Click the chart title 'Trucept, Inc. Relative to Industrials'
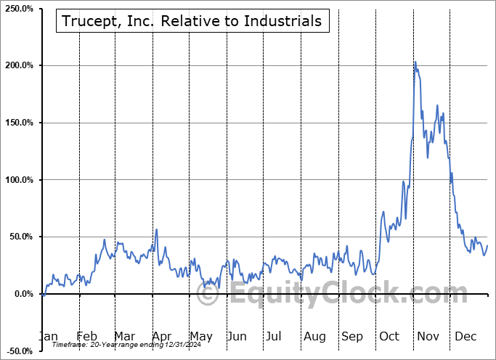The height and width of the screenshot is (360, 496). (x=192, y=21)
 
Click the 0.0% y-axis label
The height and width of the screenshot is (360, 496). (x=22, y=294)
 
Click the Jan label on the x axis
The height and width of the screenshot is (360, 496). (x=47, y=336)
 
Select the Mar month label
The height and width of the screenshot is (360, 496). (x=124, y=336)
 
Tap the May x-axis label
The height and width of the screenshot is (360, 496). (x=200, y=336)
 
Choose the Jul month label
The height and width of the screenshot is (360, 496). (x=275, y=336)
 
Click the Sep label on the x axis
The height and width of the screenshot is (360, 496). (x=352, y=336)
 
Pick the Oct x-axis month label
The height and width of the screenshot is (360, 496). (x=389, y=336)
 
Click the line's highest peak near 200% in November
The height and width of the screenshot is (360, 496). (x=415, y=62)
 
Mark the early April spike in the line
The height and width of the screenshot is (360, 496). (x=156, y=230)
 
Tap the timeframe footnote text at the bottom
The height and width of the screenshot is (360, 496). (x=125, y=345)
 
